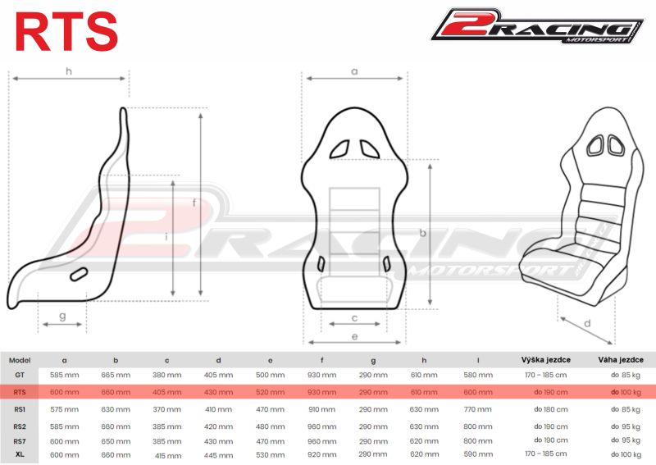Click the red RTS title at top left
pos(66,30)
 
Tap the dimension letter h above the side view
pos(69,71)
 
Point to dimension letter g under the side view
pos(62,316)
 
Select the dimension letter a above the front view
pos(354,71)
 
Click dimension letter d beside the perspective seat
pos(587,323)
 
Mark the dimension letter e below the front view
pos(353,336)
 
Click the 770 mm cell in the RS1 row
pos(478,408)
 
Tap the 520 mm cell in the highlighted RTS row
pos(271,392)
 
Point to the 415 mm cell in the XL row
pos(167,455)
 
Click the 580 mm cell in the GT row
pos(478,375)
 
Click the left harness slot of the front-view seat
pos(339,148)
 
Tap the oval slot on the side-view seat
pos(80,275)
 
